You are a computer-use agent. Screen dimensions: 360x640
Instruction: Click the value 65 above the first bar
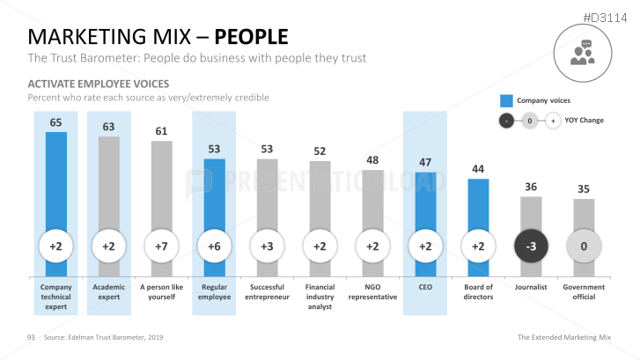tap(55, 123)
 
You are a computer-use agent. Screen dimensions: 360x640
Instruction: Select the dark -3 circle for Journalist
tap(531, 247)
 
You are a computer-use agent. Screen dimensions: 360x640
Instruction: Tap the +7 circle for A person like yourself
tap(161, 247)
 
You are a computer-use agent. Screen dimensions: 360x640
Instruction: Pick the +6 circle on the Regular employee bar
tap(214, 247)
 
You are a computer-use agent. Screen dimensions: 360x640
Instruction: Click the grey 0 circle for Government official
tap(584, 247)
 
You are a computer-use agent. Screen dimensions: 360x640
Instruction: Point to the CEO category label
tap(425, 286)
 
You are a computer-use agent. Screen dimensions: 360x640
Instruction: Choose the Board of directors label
tap(478, 291)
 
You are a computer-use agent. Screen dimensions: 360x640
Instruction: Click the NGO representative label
tap(372, 291)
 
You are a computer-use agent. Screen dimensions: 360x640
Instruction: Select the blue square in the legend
tap(506, 100)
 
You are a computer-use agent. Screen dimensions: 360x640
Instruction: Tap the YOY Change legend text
tap(585, 120)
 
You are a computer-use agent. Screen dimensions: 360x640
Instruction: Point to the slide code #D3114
tap(608, 15)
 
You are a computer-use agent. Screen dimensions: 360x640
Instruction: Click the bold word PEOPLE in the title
tap(252, 37)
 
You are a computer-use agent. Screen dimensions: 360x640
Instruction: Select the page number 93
tap(30, 337)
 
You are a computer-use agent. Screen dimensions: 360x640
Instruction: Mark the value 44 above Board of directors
tap(478, 169)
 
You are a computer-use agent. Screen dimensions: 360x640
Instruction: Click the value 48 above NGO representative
tap(372, 160)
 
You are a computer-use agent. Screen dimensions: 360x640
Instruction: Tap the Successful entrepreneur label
tap(267, 291)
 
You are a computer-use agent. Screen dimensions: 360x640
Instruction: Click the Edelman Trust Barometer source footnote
tap(103, 337)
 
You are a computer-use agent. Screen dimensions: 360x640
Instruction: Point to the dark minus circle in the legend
tap(506, 121)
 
